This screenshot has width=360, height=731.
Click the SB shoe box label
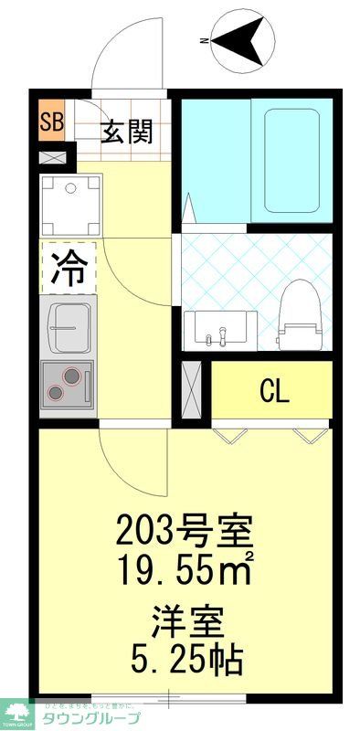coord(51,122)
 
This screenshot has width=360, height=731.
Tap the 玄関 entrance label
coord(125,133)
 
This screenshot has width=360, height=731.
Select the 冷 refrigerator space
coord(68,267)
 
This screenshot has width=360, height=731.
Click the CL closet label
coord(274,391)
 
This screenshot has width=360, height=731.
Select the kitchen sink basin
coord(69,327)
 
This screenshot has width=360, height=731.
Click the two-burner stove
coord(66,382)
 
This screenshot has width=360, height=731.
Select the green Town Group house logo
coord(17,711)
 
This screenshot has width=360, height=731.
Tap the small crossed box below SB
coord(51,156)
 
